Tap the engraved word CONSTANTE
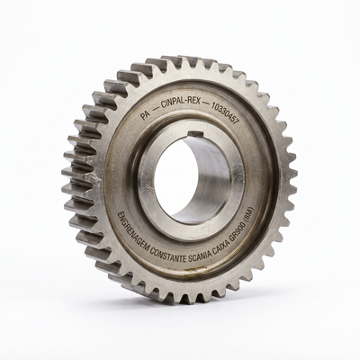(x=168, y=256)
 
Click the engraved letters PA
(x=146, y=115)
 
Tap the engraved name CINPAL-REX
(x=181, y=103)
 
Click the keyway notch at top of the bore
(x=195, y=134)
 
